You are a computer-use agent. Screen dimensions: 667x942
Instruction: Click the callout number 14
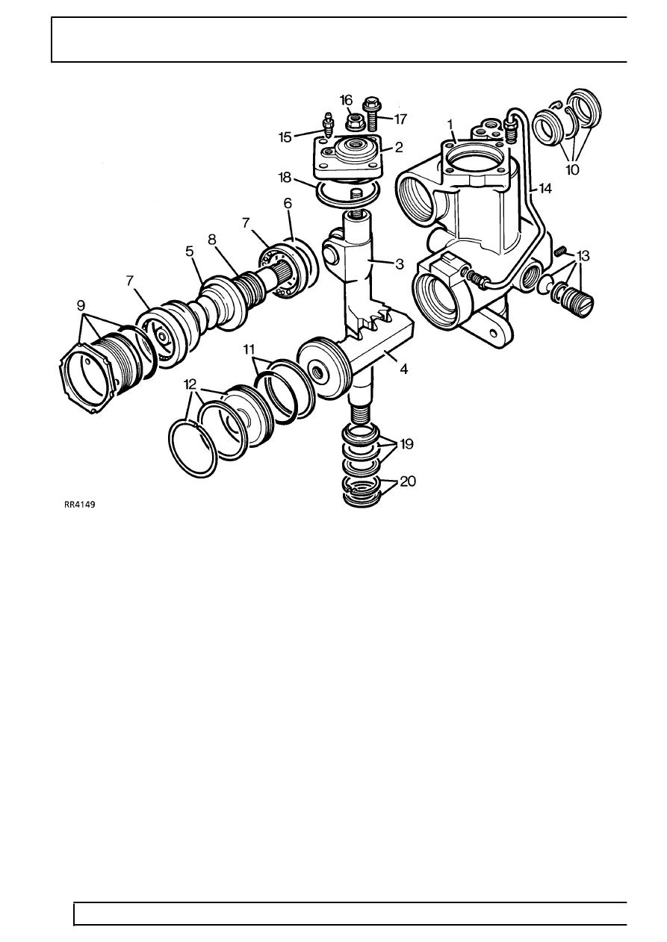click(545, 189)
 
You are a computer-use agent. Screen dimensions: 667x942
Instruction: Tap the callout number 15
click(285, 137)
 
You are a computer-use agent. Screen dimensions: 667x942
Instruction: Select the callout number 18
click(285, 178)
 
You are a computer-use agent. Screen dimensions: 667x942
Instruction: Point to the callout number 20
click(407, 481)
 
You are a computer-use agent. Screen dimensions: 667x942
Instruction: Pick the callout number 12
click(190, 384)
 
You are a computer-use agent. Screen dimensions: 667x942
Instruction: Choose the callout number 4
click(403, 369)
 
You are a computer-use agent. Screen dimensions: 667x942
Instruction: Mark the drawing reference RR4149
click(79, 505)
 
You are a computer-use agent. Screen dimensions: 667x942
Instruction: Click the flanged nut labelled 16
click(351, 122)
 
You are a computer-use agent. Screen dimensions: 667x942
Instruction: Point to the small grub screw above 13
click(558, 252)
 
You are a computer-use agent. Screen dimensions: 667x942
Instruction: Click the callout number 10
click(573, 170)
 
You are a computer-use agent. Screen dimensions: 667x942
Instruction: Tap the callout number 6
click(288, 204)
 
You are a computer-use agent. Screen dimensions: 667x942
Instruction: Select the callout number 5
click(190, 252)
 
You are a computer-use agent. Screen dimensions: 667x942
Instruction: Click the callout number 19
click(406, 444)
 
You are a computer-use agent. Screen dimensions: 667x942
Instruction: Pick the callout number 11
click(249, 349)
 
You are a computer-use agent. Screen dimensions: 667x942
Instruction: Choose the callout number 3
click(400, 264)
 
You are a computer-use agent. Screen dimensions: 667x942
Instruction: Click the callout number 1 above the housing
click(450, 125)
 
